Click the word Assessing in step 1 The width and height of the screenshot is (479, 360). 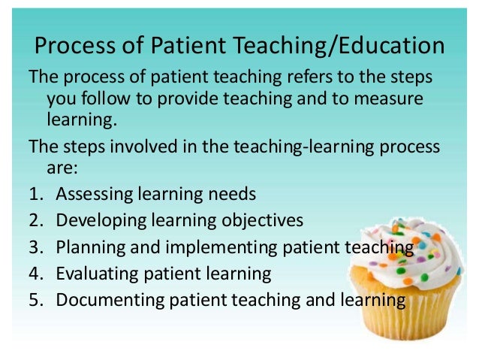96,194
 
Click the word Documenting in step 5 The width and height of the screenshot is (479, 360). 108,300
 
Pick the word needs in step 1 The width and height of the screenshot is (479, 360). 233,194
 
